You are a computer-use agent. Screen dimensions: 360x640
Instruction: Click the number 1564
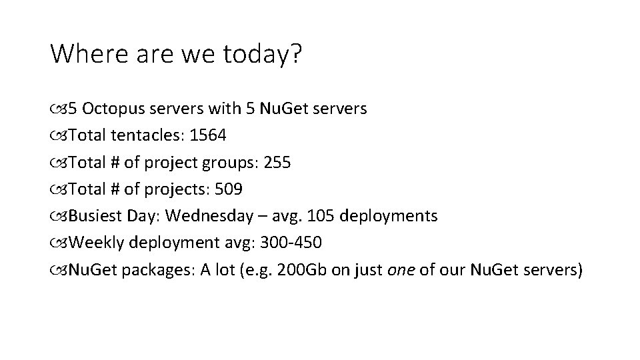pyautogui.click(x=208, y=135)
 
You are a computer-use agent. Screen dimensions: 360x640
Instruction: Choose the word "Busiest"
pyautogui.click(x=92, y=216)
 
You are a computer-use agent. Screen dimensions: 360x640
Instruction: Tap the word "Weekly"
pyautogui.click(x=93, y=243)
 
